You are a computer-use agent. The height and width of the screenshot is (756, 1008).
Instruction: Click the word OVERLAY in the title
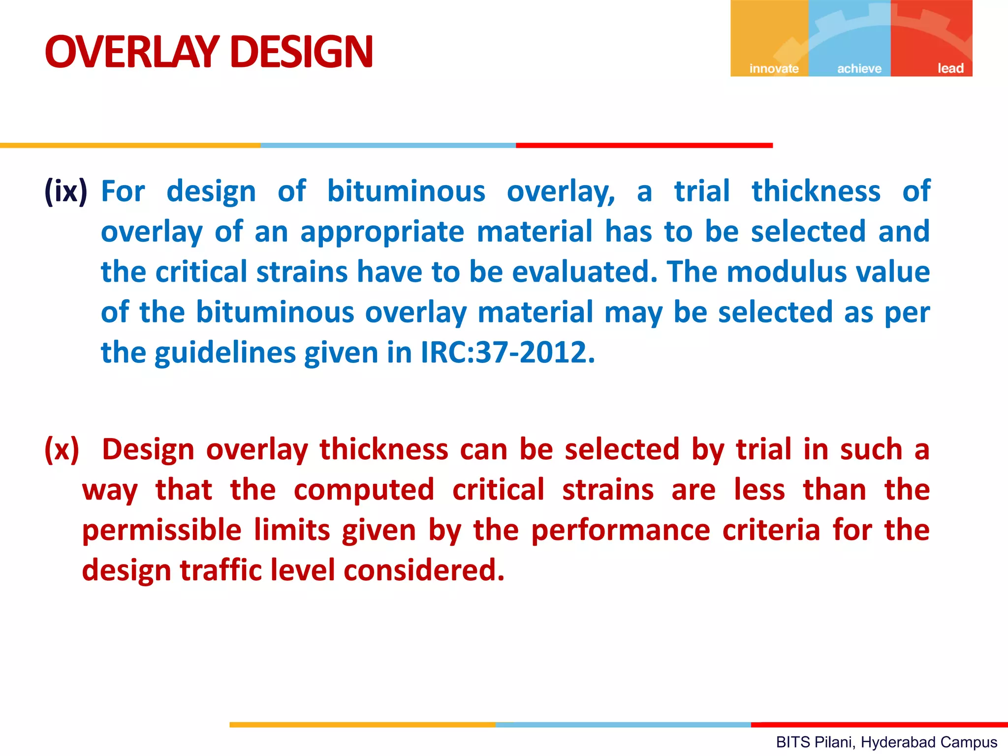coord(132,52)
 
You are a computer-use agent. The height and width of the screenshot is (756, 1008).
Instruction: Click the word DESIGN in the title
coord(301,52)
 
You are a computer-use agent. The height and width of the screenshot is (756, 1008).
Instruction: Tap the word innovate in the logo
coord(774,68)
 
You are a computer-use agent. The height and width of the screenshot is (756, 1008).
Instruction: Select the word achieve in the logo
coord(859,68)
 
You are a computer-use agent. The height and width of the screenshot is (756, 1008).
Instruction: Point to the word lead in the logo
coord(950,68)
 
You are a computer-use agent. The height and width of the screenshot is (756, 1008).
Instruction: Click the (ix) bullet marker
coord(66,191)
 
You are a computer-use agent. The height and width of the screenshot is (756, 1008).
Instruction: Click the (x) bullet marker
coord(62,449)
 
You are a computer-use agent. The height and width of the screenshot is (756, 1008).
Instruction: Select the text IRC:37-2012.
coord(507,352)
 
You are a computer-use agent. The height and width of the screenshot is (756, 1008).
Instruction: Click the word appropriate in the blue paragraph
coord(382,232)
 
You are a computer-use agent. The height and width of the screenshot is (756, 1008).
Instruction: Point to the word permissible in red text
coord(161,531)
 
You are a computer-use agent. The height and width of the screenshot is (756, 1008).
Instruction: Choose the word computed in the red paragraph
coord(364,490)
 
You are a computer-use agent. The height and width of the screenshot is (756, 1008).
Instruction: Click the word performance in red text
coord(621,531)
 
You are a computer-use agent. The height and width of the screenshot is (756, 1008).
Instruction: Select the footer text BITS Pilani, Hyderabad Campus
coord(886,742)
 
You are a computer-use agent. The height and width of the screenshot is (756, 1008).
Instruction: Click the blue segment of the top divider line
coord(388,145)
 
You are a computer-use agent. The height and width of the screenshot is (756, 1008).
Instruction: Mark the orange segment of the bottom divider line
coord(362,724)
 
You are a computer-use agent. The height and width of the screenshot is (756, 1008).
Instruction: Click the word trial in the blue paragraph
coord(701,191)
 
